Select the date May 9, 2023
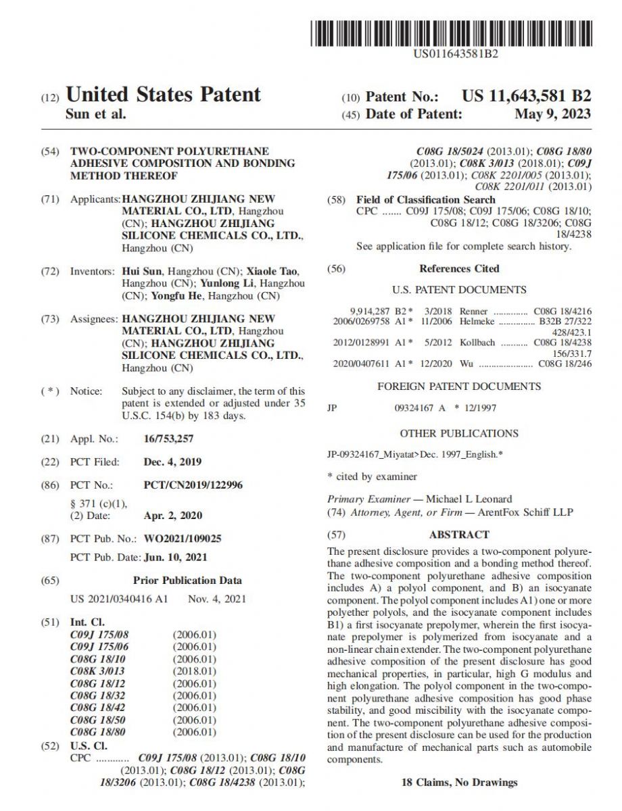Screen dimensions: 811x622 pos(552,114)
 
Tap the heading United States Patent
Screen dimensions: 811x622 pos(163,95)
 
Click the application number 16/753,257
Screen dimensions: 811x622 pos(169,439)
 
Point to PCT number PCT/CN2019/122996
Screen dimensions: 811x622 pos(193,485)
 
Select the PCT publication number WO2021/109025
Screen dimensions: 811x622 pos(183,539)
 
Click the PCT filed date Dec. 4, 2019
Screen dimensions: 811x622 pos(172,462)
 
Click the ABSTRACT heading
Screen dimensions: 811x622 pos(459,534)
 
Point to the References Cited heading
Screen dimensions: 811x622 pos(459,268)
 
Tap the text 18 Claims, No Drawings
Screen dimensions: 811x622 pos(459,782)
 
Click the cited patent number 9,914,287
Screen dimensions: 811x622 pos(370,312)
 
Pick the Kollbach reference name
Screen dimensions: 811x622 pos(477,343)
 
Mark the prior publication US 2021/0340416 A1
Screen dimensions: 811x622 pos(119,599)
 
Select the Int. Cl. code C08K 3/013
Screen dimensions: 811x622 pos(97,671)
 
